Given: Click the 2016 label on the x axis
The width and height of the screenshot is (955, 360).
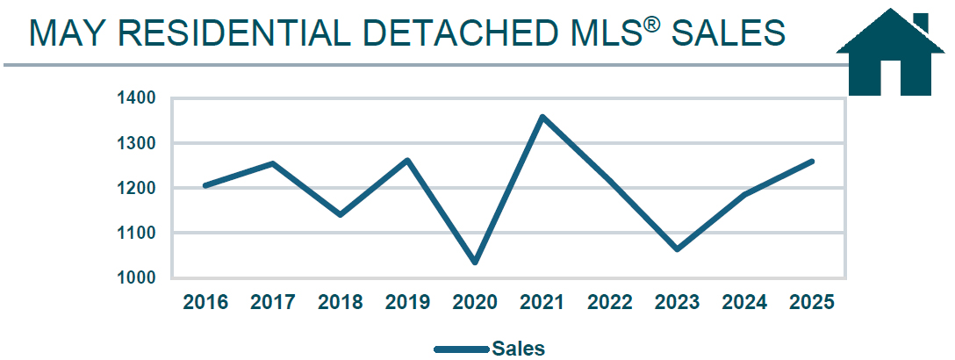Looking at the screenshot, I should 205,303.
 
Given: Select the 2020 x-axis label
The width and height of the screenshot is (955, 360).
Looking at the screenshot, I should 475,303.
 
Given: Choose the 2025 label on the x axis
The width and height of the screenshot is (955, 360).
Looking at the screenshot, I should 812,303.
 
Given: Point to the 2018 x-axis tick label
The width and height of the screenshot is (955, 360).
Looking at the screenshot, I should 340,303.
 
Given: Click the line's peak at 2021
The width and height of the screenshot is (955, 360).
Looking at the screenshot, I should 542,117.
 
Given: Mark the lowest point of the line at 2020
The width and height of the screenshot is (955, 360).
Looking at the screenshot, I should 475,262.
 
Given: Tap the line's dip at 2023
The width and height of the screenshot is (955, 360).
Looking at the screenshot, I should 677,249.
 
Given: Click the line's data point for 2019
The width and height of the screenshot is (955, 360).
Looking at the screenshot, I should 407,160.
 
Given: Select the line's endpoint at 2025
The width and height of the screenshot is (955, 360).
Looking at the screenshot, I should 812,162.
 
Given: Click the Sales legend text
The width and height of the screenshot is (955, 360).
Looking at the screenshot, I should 519,349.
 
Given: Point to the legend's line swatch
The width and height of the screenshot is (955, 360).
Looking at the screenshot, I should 462,349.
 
